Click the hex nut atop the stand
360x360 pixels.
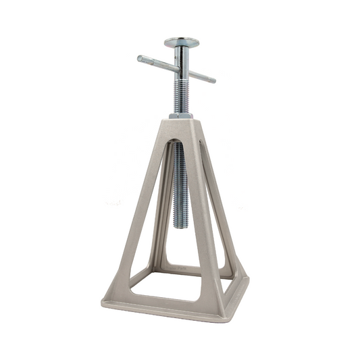click(180, 115)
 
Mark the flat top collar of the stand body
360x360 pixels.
click(180, 122)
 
